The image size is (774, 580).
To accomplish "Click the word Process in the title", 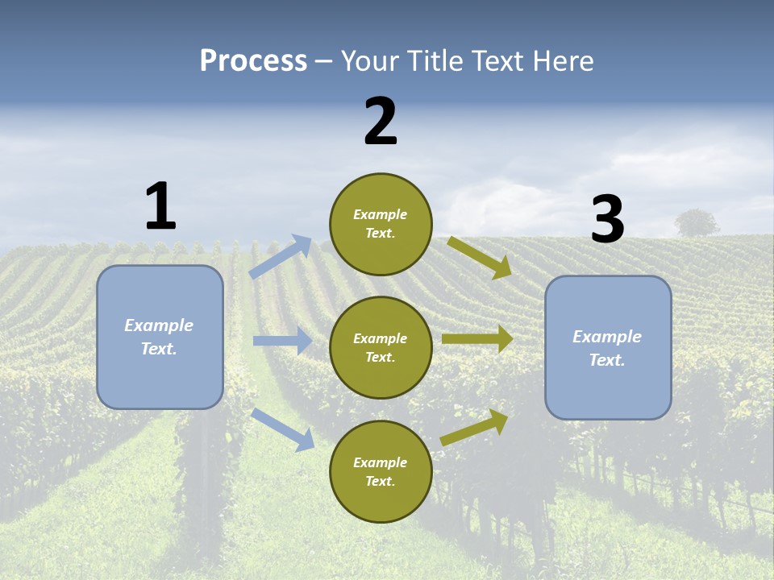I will click(253, 61).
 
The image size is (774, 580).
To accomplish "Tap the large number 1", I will click(160, 206).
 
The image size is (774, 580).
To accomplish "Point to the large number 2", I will click(381, 122).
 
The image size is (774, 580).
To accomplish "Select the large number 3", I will click(607, 219).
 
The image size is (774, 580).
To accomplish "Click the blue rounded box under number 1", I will click(160, 337).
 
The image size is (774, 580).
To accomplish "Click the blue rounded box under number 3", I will click(608, 348).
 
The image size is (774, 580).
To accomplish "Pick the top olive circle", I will click(381, 224).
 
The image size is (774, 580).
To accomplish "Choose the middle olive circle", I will click(381, 348).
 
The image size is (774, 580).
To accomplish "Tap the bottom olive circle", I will click(381, 472).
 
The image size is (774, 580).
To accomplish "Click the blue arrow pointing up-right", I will click(281, 257).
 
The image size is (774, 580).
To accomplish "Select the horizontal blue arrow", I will click(282, 341).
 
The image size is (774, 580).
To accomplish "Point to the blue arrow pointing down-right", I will click(283, 429).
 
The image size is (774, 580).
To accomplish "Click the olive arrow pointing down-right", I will click(480, 257).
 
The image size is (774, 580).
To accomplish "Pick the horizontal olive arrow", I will click(477, 339).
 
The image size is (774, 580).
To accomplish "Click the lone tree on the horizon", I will click(696, 223).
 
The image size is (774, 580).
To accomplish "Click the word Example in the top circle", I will click(381, 214).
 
